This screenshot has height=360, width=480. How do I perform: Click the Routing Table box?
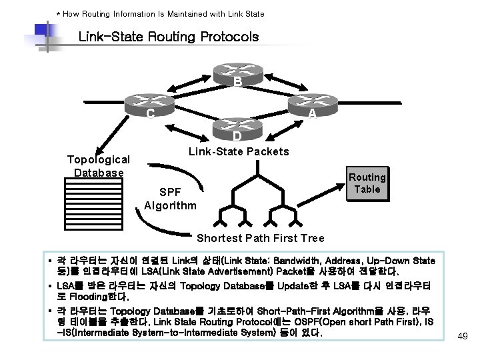367,183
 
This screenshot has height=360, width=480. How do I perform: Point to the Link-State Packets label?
239,151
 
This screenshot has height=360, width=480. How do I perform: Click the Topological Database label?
99,166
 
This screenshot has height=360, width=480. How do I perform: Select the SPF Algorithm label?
170,199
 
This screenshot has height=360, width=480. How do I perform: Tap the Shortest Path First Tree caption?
260,238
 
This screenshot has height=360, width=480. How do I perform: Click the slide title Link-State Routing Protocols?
168,37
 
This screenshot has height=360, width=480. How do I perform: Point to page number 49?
463,336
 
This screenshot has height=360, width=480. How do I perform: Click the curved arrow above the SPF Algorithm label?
172,169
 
